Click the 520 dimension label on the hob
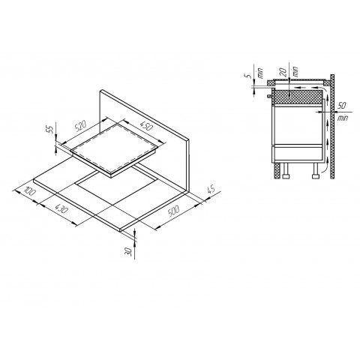(x=82, y=126)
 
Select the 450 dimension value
(x=145, y=126)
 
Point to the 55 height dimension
(x=50, y=129)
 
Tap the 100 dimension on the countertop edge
(x=30, y=191)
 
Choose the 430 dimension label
(x=61, y=208)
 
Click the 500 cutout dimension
(x=173, y=211)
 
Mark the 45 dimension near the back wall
(x=211, y=190)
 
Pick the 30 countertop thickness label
(x=129, y=252)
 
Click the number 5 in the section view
(x=246, y=76)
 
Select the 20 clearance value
(x=283, y=72)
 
